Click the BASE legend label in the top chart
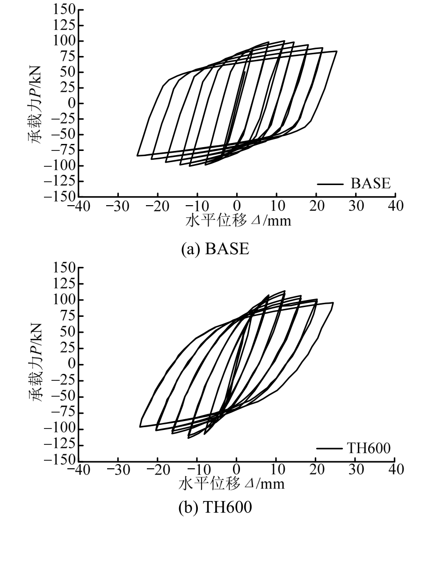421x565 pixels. coord(370,184)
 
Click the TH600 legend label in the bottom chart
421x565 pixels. coord(368,448)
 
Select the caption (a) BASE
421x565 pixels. coord(216,248)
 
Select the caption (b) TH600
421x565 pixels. coord(216,508)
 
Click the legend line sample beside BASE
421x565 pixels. coord(330,184)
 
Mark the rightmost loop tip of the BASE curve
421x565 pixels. coord(337,51)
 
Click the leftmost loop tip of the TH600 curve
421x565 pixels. coord(139,426)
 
